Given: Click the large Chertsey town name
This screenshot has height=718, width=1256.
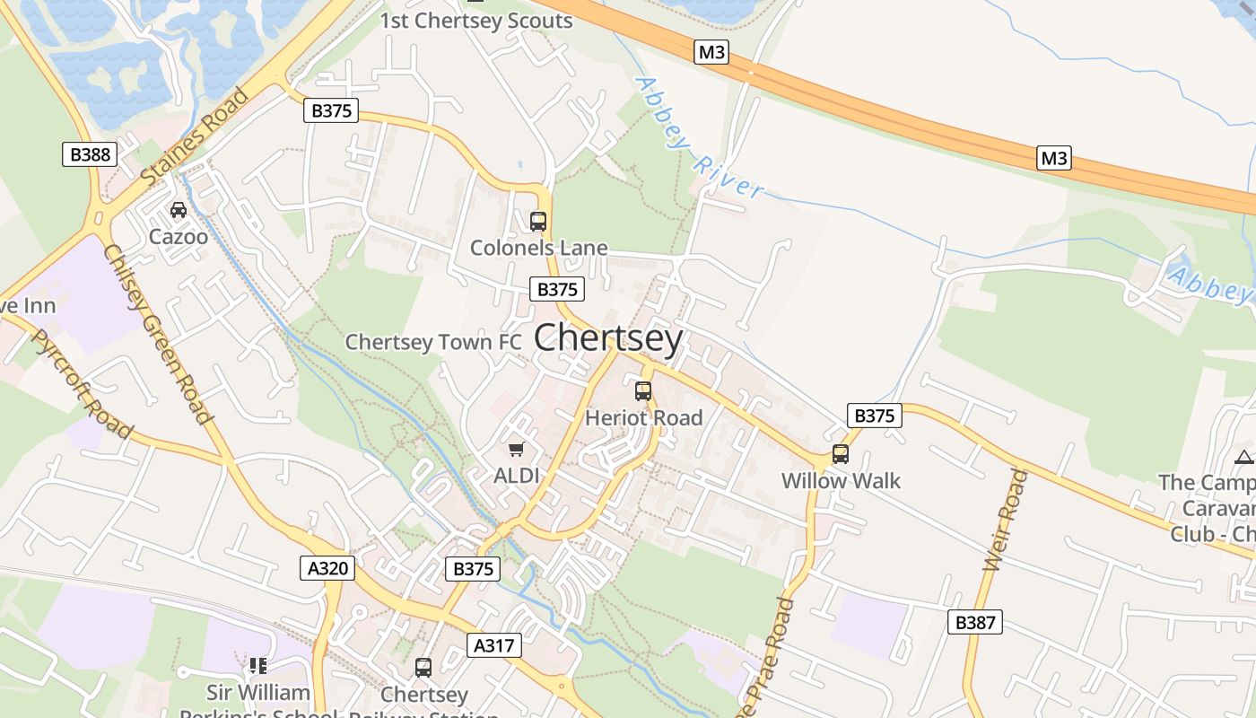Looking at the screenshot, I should (608, 338).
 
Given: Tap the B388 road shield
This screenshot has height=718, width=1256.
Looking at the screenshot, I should (90, 154).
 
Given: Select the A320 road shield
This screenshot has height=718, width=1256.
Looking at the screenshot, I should (327, 568).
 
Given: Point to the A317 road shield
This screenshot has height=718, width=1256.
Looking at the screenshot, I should (494, 645).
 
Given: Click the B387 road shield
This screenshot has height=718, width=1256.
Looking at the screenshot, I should (974, 622).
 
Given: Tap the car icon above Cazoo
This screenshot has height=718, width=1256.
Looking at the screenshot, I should (179, 211).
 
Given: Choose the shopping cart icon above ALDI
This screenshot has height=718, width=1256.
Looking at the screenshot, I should (516, 449).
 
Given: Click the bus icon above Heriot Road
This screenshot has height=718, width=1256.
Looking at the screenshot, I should (643, 391).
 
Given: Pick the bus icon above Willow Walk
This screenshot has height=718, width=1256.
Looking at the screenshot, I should (841, 454).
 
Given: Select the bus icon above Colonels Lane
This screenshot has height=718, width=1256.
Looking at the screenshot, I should (538, 222).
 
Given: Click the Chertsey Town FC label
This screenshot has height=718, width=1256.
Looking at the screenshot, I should (432, 342).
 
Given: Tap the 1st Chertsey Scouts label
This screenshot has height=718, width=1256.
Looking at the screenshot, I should (476, 21).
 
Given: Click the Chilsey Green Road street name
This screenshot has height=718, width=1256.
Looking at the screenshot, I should (158, 333).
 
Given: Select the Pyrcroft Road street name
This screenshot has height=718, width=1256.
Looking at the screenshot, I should (82, 385).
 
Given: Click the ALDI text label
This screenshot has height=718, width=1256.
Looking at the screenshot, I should (517, 476).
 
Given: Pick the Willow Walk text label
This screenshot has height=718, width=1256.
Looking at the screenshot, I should (841, 480).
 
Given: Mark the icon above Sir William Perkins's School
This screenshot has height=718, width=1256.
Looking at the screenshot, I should (258, 666).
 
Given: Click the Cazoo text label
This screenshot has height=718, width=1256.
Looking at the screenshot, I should (179, 237).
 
